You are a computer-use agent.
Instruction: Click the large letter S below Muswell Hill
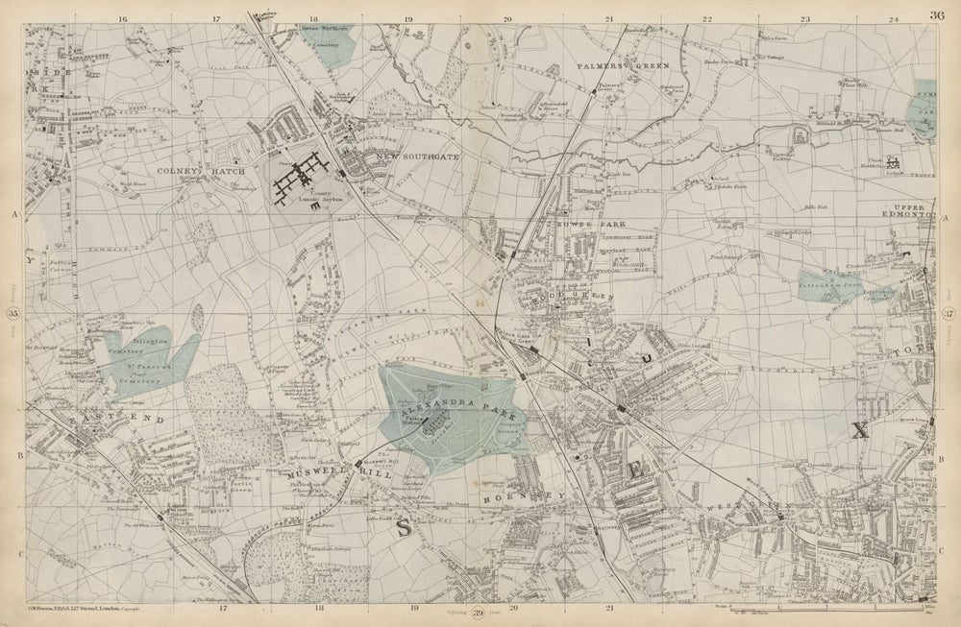(x=405, y=526)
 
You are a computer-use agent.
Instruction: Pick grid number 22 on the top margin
(x=706, y=17)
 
